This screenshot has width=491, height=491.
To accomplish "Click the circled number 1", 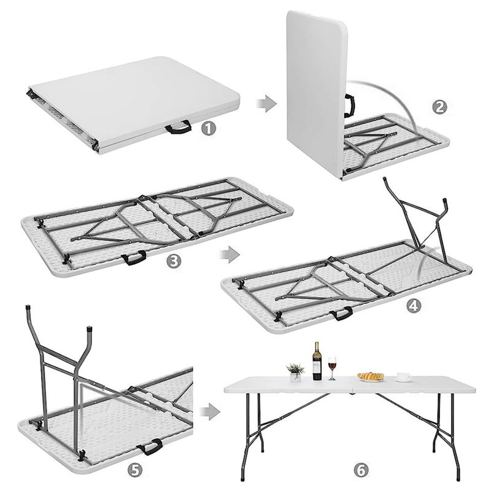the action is (209, 128).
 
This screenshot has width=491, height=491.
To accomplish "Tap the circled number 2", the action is (440, 107).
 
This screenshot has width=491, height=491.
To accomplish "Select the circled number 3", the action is (174, 260).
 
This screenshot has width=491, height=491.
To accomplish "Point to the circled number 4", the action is (414, 304).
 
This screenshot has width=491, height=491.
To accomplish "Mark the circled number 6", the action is (361, 470).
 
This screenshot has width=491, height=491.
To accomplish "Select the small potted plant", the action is (295, 373).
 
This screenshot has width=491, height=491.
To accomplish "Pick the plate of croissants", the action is (371, 377).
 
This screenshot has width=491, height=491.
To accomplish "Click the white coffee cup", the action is (403, 377).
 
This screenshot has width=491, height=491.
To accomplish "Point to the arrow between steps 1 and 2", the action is (266, 103).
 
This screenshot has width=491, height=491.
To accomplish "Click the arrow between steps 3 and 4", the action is (229, 254).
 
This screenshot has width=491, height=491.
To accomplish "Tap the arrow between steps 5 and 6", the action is (210, 412).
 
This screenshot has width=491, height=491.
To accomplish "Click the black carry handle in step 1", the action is (178, 128).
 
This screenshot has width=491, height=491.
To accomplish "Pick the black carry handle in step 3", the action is (134, 258).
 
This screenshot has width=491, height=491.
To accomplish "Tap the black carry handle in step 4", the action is (341, 314).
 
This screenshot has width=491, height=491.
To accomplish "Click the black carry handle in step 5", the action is (150, 447).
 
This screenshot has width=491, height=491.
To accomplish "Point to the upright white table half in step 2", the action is (317, 94).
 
